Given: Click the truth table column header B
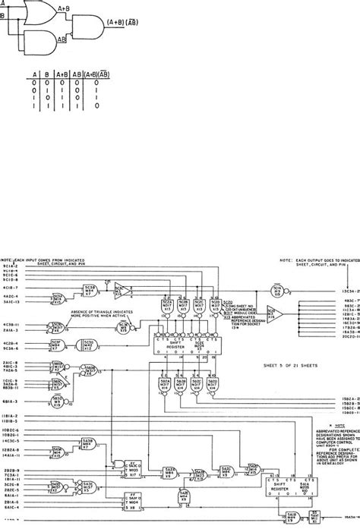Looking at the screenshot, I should (x=38, y=74).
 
